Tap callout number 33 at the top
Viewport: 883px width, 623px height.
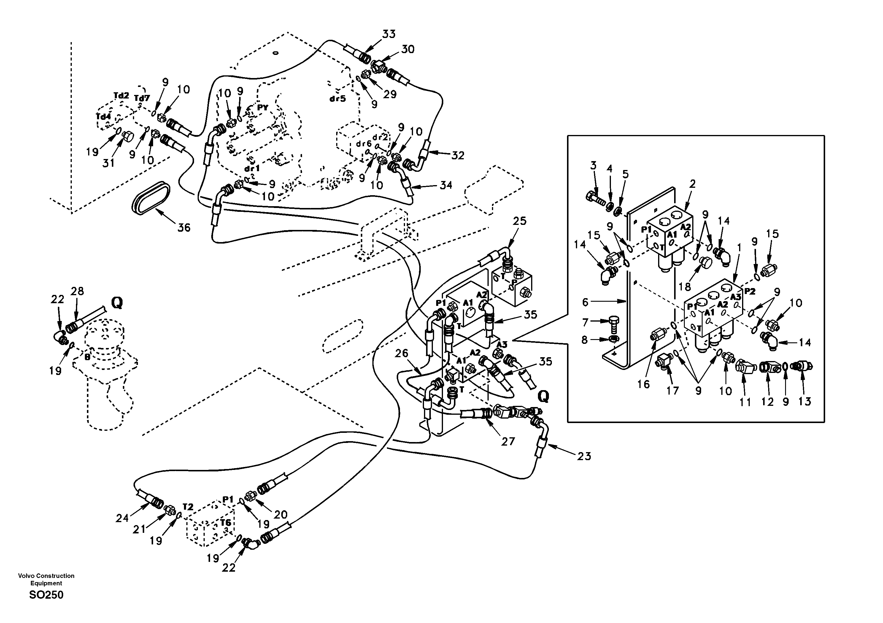388,34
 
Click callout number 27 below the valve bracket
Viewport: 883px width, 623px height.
508,441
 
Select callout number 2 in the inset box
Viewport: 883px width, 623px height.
692,184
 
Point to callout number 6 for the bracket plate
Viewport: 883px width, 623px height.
585,302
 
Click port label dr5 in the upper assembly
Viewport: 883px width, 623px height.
338,99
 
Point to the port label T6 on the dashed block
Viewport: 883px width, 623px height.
225,522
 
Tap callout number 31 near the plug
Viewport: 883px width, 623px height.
109,163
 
